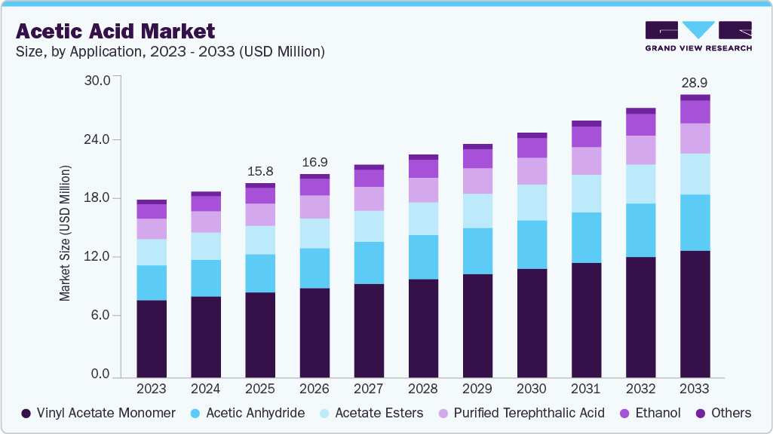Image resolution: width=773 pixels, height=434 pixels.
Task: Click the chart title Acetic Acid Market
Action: tap(115, 31)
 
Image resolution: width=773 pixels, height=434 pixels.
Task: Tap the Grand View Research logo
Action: tap(698, 35)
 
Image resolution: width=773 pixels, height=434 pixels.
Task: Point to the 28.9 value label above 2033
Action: tap(695, 82)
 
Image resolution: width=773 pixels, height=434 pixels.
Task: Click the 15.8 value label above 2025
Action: tap(260, 172)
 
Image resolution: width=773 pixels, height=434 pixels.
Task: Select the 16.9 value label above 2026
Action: tap(314, 162)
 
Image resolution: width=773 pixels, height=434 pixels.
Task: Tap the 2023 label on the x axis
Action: tap(152, 389)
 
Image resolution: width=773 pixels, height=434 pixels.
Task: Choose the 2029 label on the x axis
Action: tap(477, 389)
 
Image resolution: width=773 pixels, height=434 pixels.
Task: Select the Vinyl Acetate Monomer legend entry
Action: tap(98, 413)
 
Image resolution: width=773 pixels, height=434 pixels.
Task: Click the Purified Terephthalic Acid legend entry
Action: tap(520, 413)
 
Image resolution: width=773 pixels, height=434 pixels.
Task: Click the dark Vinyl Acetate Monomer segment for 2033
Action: tap(695, 313)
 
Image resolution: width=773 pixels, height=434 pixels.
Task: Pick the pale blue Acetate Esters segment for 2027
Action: tap(369, 226)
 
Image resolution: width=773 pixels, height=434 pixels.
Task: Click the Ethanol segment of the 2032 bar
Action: tap(640, 124)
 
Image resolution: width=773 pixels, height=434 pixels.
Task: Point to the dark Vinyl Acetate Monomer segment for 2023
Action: tap(152, 338)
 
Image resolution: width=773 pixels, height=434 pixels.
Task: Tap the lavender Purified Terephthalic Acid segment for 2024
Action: tap(206, 222)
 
